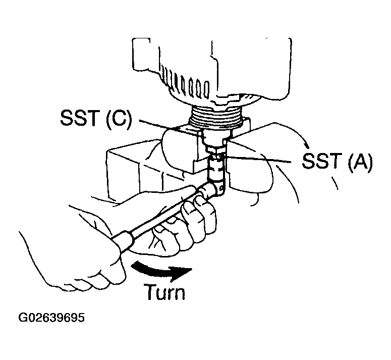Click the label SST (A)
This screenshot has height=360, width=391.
pos(337,162)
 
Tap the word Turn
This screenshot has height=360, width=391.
pos(164,292)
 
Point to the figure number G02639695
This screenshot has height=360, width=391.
pos(51,319)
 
